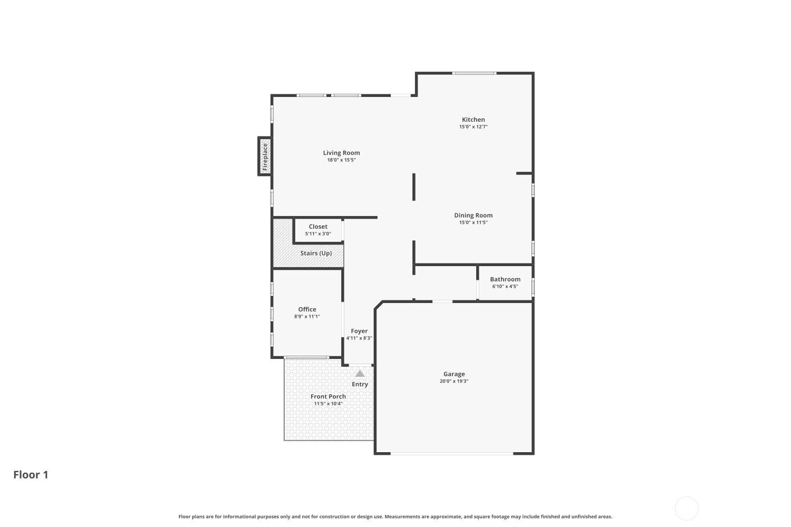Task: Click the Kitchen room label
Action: click(473, 120)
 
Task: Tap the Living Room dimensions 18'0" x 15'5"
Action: click(341, 160)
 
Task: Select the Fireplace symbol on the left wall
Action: click(265, 157)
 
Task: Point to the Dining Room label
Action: click(473, 216)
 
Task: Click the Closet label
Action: click(318, 227)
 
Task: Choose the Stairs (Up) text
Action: click(316, 253)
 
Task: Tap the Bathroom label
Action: click(505, 279)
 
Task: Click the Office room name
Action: click(307, 309)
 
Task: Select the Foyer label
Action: click(359, 331)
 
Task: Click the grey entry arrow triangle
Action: click(360, 374)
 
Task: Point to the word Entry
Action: click(360, 384)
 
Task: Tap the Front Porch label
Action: click(328, 396)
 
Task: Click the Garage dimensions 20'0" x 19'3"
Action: click(454, 381)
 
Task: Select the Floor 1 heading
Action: click(31, 475)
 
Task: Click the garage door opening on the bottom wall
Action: click(451, 454)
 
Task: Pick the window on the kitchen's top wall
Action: click(474, 73)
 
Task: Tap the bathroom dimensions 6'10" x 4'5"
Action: click(505, 286)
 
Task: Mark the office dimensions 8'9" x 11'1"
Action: click(307, 316)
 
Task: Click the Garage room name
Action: click(454, 374)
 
